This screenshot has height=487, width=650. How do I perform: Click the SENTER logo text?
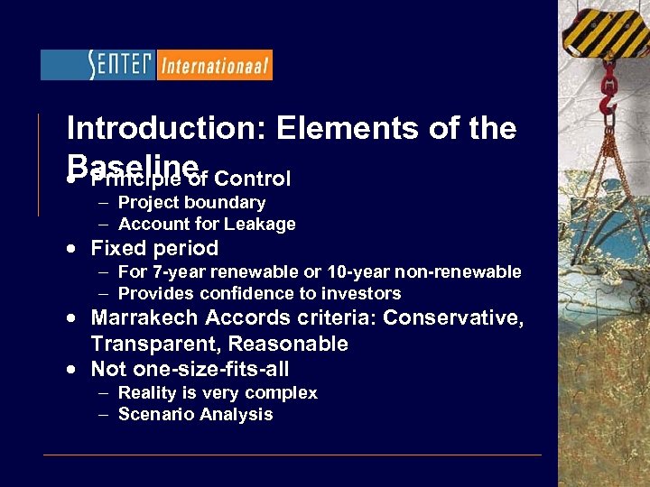tap(97, 65)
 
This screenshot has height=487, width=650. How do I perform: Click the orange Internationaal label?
tap(214, 65)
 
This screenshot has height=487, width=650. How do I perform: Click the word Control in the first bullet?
tap(252, 179)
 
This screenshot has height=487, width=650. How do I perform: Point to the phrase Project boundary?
tap(191, 202)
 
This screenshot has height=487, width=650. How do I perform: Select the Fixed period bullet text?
tap(154, 248)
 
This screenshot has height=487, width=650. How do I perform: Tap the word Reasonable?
tap(288, 344)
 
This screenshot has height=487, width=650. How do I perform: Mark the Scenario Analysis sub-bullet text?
tap(195, 414)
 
